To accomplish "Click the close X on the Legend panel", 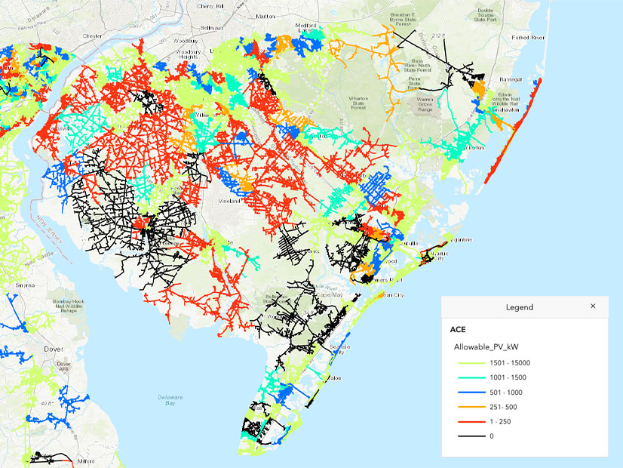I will pyautogui.click(x=593, y=306).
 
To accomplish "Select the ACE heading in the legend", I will pyautogui.click(x=459, y=329).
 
